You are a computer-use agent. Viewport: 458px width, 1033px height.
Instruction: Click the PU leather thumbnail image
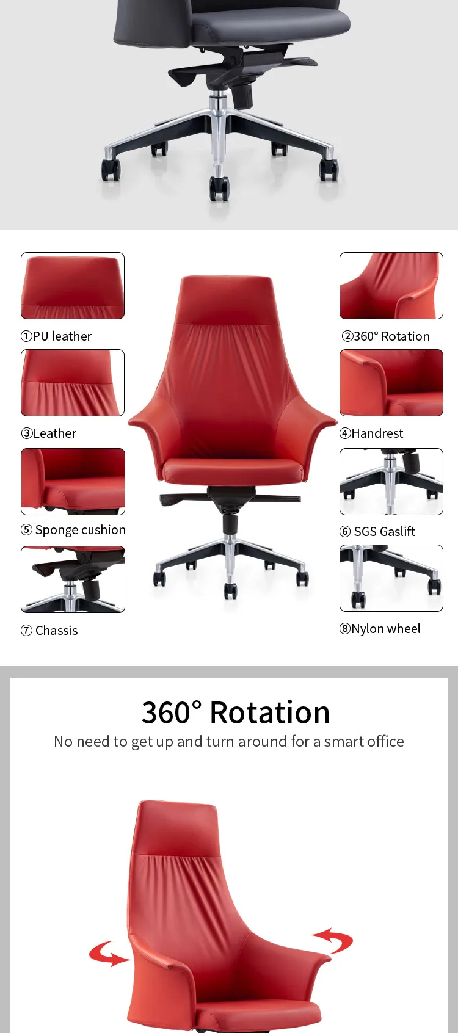(x=73, y=286)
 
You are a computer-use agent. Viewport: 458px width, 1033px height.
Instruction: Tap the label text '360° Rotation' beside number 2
(x=391, y=336)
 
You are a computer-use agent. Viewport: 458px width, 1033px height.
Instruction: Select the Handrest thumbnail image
(x=391, y=383)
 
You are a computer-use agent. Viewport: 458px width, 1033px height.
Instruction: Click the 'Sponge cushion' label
(x=80, y=530)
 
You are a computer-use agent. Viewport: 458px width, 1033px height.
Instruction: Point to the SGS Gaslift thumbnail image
(x=391, y=482)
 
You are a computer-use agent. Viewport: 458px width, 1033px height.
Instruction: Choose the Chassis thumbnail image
(x=73, y=579)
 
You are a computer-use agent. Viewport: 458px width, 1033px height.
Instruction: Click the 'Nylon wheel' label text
(x=385, y=629)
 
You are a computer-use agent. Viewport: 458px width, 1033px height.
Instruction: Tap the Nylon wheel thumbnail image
(x=391, y=578)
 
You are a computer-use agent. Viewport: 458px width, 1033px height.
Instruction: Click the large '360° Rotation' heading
(x=236, y=712)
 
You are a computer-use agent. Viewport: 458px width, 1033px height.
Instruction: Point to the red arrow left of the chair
(x=108, y=954)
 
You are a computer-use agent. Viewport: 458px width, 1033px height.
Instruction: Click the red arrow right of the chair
(x=333, y=940)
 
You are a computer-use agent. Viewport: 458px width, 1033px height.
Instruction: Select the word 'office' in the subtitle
(x=384, y=741)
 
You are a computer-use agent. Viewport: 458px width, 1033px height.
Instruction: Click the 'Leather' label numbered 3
(x=54, y=433)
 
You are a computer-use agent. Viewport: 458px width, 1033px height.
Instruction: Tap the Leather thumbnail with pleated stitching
(x=73, y=383)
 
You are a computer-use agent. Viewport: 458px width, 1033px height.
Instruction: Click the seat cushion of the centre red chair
(x=233, y=470)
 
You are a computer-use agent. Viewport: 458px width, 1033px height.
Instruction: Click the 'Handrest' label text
(x=377, y=433)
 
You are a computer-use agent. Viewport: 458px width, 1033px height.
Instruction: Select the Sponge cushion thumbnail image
(x=73, y=482)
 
